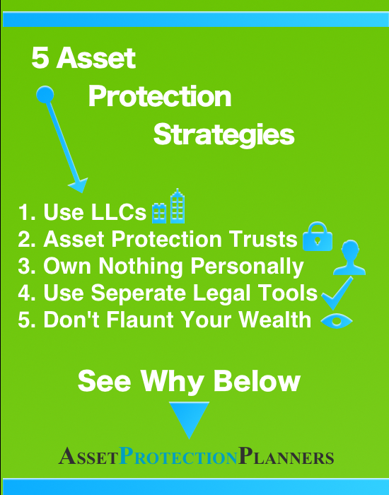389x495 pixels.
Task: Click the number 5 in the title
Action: coord(40,58)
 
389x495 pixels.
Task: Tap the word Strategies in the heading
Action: coord(224,135)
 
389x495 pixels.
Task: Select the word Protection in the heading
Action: coord(160,97)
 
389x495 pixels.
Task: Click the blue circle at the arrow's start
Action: coord(45,94)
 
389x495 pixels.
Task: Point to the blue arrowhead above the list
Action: coord(79,185)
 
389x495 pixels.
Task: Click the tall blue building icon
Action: coord(178,206)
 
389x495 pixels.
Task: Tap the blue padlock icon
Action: coord(318,236)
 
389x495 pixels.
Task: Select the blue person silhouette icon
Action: coord(349,257)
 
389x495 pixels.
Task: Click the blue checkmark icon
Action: coord(337,293)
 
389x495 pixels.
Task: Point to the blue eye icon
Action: coord(337,321)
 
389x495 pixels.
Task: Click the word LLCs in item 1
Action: coord(119,212)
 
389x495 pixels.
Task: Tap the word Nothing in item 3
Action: coord(141,267)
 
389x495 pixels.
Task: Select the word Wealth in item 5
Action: coord(275,320)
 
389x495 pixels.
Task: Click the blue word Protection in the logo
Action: coord(179,456)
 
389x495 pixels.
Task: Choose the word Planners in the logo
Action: coord(286,456)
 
